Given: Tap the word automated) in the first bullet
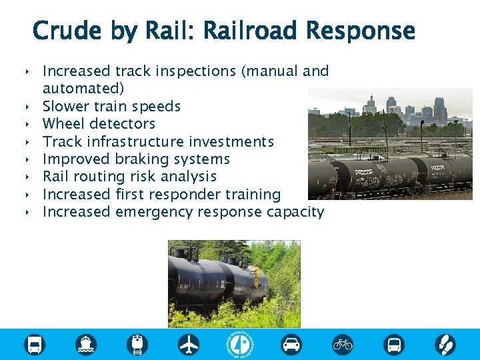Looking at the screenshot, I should click(83, 88).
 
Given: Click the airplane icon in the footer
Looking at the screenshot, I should click(189, 344).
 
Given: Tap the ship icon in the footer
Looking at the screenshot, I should click(86, 344).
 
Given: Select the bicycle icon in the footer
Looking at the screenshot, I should click(343, 344).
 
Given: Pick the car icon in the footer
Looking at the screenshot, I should click(291, 344).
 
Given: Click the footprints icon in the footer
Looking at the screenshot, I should click(445, 344).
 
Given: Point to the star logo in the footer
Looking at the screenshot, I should click(240, 344).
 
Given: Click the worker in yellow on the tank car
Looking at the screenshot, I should click(256, 275).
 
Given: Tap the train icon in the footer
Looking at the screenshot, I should click(137, 344).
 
